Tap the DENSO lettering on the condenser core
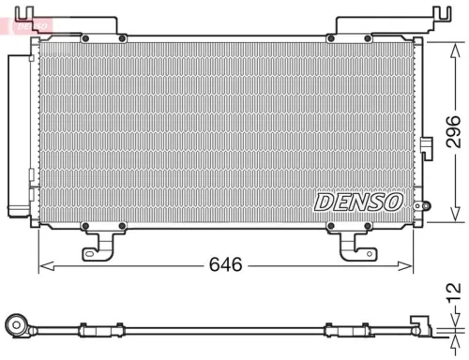pyautogui.click(x=358, y=202)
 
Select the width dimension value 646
pyautogui.click(x=225, y=265)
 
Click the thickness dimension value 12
pyautogui.click(x=453, y=296)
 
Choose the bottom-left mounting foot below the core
pyautogui.click(x=100, y=244)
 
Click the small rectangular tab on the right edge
pyautogui.click(x=425, y=145)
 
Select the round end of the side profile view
pyautogui.click(x=15, y=326)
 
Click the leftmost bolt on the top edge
pyautogui.click(x=85, y=38)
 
